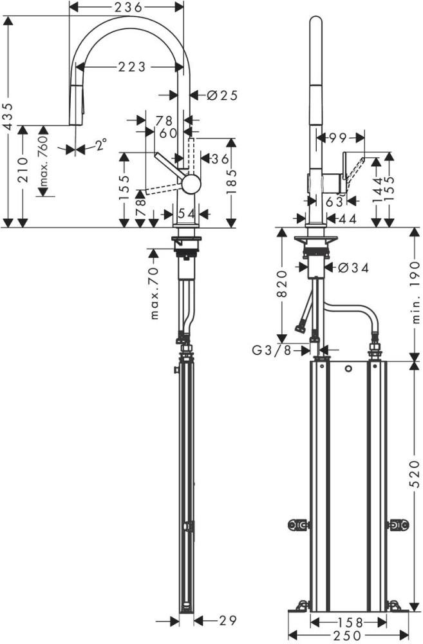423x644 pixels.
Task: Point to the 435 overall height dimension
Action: point(8,116)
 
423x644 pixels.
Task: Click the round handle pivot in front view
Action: point(191,184)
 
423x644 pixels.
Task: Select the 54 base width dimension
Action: point(186,213)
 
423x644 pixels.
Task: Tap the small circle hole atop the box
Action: point(348,370)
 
